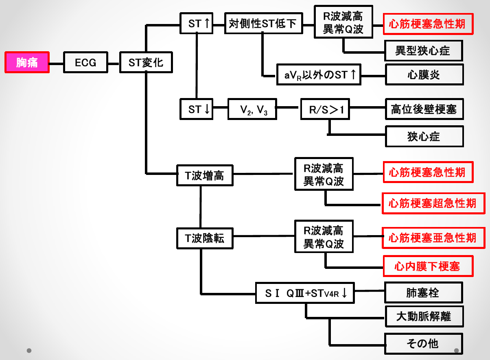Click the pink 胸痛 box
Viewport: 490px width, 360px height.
pos(27,62)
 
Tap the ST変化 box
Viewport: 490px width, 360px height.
pos(146,63)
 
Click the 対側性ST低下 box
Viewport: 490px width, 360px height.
pos(263,24)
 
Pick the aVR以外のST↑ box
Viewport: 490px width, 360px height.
pos(318,75)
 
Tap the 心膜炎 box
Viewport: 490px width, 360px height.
pos(424,75)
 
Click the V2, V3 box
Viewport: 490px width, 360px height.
pos(253,109)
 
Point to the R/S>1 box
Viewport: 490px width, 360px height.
pos(325,109)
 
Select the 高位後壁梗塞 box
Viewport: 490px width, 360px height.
pos(424,109)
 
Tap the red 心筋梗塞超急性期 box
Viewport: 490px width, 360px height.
pos(433,203)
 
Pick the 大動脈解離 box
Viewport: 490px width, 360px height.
pos(424,316)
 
